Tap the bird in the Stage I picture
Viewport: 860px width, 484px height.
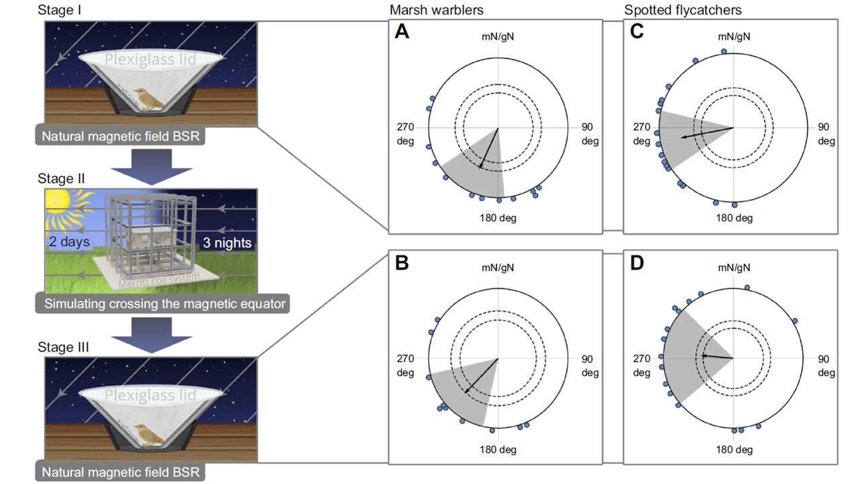[151, 99]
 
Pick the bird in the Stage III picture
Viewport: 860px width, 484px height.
[151, 435]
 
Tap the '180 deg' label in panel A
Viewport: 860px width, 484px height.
[499, 218]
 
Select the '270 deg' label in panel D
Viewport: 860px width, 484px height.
[642, 366]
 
